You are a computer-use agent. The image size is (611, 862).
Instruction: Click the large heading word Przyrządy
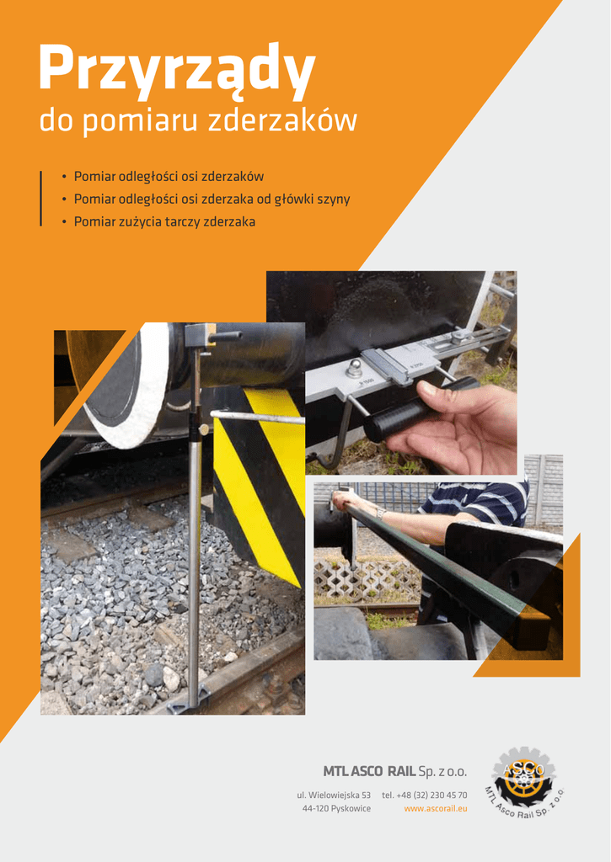[x=177, y=70]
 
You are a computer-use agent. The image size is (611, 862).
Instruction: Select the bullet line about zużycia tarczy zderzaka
[x=164, y=221]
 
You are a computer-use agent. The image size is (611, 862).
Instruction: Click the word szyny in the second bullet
[x=334, y=199]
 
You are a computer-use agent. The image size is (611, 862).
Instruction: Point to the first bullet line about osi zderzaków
[x=169, y=177]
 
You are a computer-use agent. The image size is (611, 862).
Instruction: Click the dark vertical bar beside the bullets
[x=40, y=199]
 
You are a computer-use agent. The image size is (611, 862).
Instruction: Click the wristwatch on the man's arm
[x=380, y=513]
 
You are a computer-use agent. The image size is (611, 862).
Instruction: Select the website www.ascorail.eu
[x=436, y=809]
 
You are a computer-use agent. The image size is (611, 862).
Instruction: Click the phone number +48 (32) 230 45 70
[x=425, y=795]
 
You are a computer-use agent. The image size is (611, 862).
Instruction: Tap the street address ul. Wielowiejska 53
[x=334, y=795]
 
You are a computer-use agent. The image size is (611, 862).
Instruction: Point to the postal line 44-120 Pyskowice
[x=336, y=809]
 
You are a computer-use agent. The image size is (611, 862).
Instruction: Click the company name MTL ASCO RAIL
[x=369, y=771]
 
